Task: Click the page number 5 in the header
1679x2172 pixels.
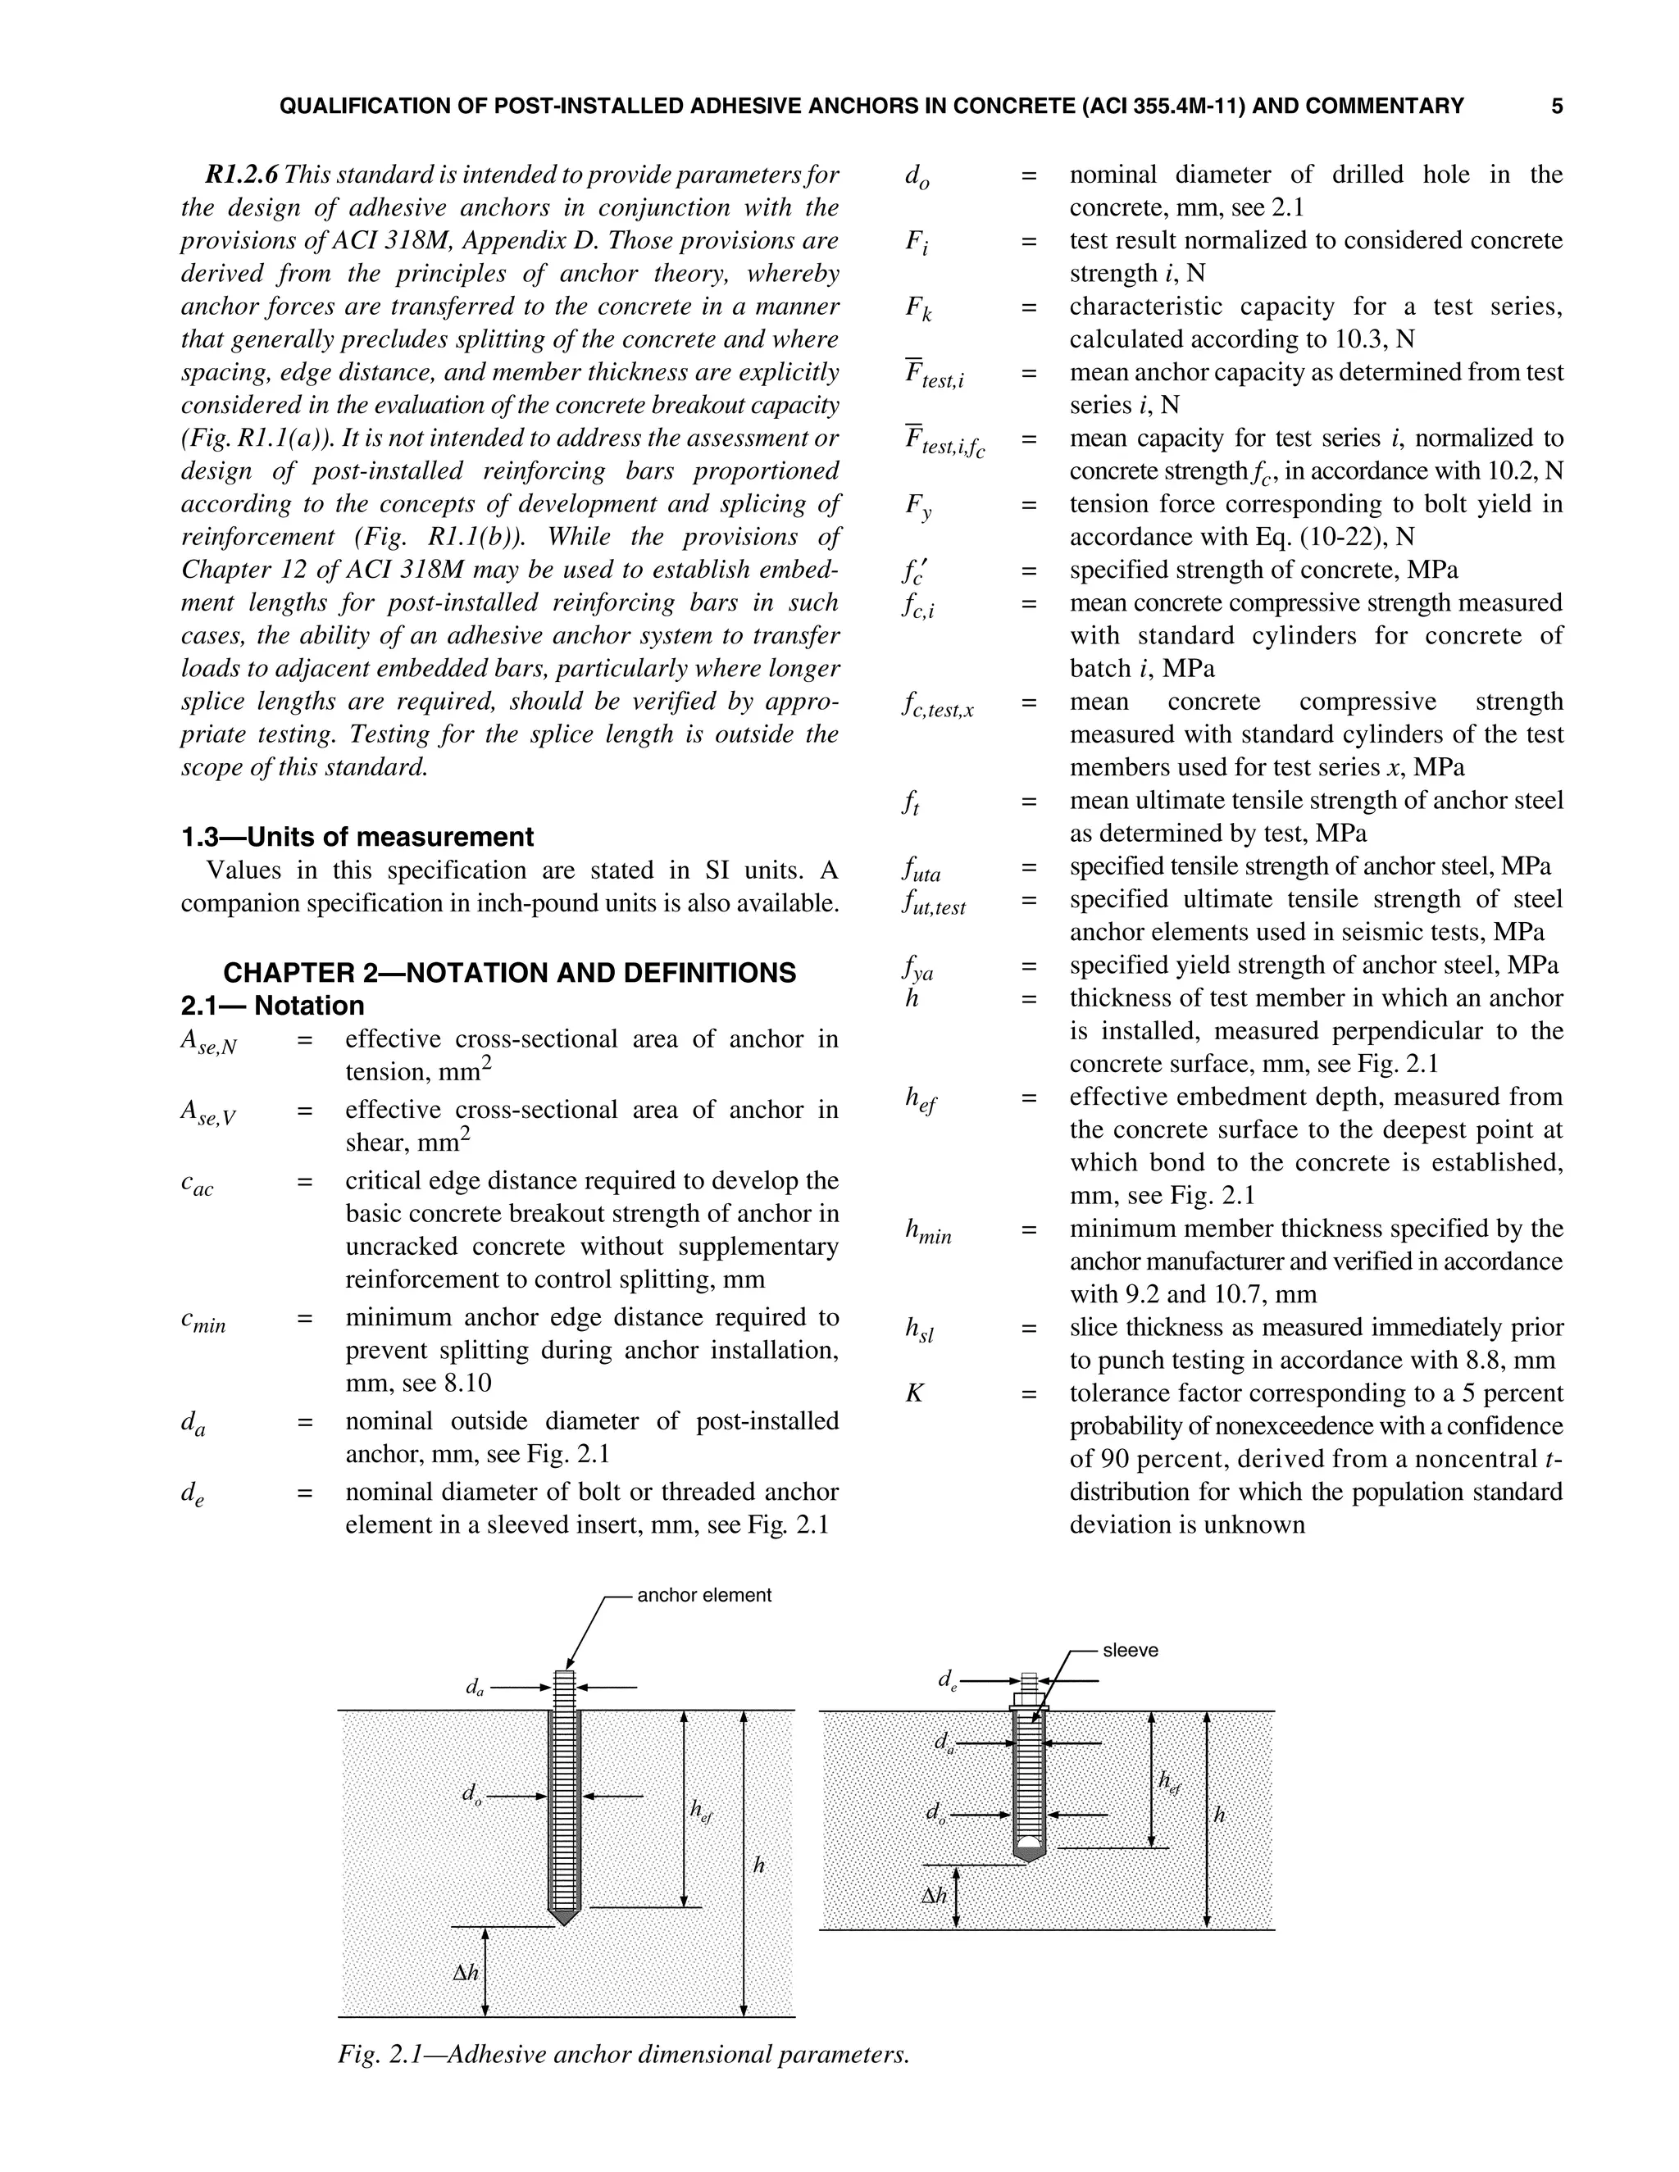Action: pyautogui.click(x=1557, y=107)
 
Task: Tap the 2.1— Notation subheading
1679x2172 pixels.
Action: pyautogui.click(x=272, y=1006)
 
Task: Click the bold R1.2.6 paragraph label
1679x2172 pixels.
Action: pyautogui.click(x=242, y=175)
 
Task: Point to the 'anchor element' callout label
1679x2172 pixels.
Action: pyautogui.click(x=703, y=1595)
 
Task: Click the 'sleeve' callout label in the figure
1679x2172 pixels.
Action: pyautogui.click(x=1130, y=1650)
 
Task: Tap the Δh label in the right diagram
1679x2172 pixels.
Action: pyautogui.click(x=934, y=1896)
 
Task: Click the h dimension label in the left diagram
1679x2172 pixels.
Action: pyautogui.click(x=759, y=1865)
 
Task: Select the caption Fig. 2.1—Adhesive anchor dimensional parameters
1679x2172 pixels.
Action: pyautogui.click(x=624, y=2054)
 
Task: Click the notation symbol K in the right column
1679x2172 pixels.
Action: pyautogui.click(x=914, y=1393)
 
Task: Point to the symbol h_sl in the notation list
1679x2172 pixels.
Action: pyautogui.click(x=919, y=1330)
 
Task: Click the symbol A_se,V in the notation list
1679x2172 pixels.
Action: pyautogui.click(x=208, y=1113)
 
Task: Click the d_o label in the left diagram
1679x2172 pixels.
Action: pyautogui.click(x=471, y=1795)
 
